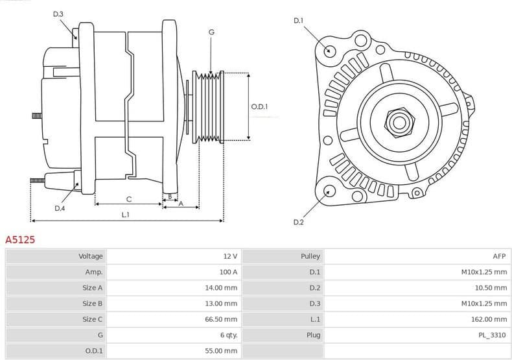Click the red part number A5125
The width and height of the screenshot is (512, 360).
tap(20, 240)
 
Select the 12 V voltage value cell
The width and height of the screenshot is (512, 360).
tap(229, 256)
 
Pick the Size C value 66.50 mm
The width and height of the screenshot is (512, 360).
tap(221, 319)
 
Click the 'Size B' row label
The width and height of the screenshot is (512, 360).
tap(92, 304)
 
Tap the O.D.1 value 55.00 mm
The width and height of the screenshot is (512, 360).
tap(221, 351)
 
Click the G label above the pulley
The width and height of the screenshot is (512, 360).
tap(211, 32)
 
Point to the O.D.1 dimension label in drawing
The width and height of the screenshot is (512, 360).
tap(259, 106)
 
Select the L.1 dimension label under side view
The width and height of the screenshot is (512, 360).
tap(125, 214)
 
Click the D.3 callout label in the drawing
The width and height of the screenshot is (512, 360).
tap(58, 14)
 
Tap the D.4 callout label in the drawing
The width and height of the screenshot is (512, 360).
tap(60, 208)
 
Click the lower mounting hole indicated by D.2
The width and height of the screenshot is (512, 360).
tap(329, 191)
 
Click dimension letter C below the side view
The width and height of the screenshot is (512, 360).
tap(129, 198)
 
